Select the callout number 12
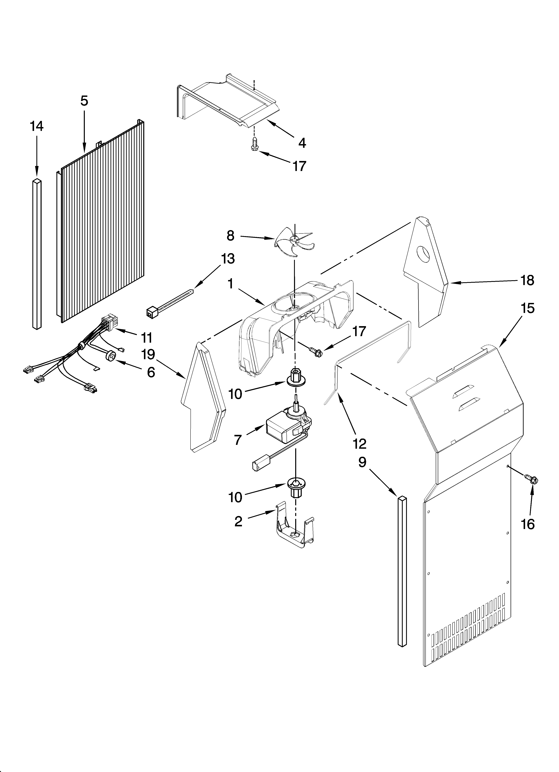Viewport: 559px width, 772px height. (359, 444)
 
